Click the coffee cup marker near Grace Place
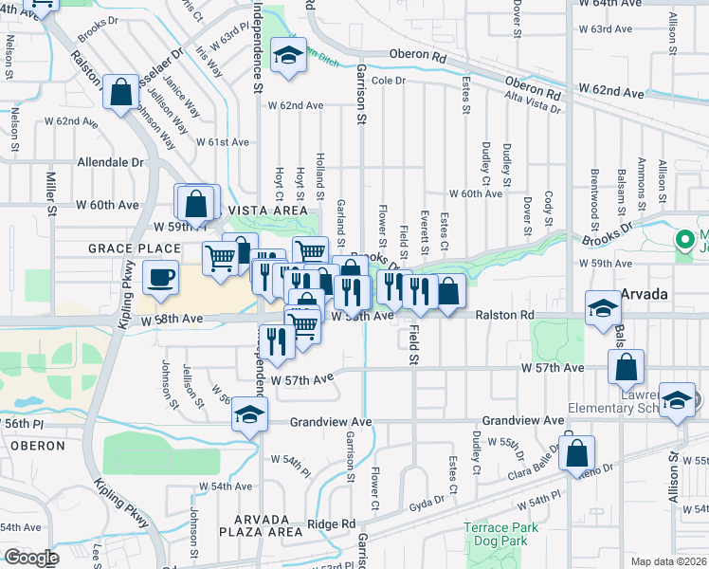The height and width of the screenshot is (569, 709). [159, 278]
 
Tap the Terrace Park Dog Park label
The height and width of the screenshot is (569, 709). [500, 535]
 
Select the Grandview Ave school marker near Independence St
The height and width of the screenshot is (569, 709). [250, 414]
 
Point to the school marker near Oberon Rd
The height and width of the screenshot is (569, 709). [287, 54]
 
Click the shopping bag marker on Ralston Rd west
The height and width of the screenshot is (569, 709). [121, 93]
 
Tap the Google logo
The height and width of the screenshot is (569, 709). [31, 558]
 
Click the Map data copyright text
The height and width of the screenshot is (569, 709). [667, 561]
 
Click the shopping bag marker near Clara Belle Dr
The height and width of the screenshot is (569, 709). [576, 454]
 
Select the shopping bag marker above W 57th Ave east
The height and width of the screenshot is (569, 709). [627, 367]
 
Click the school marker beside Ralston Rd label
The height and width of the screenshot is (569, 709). [603, 308]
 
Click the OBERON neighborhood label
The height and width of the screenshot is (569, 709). [38, 445]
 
